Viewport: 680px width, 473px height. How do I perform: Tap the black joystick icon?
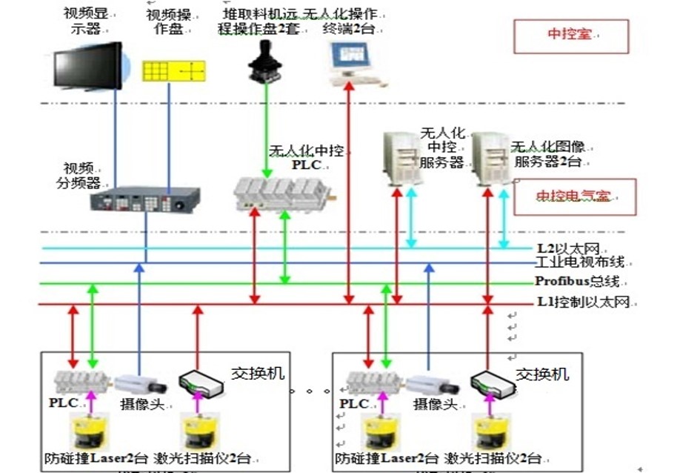[264, 62]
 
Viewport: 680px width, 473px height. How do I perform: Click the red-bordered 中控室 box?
[570, 36]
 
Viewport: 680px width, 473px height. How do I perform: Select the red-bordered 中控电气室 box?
[575, 196]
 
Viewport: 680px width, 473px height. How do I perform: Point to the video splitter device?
[145, 199]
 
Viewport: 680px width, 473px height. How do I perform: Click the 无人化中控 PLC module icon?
[282, 194]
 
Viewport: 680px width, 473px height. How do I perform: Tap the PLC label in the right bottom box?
[354, 404]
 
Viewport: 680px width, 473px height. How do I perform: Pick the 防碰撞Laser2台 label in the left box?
[97, 457]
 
